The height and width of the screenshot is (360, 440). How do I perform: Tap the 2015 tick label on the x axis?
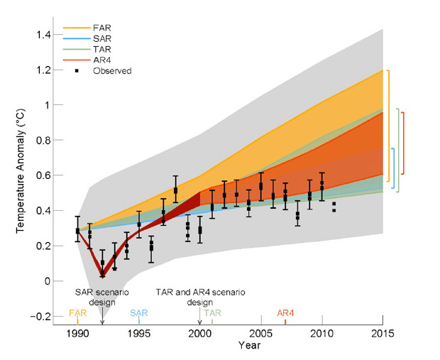pos(383,334)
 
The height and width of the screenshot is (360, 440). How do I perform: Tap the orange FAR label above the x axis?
pos(77,312)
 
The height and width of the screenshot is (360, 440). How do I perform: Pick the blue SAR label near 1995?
pos(138,312)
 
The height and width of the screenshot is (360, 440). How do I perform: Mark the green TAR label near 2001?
pos(212,312)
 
